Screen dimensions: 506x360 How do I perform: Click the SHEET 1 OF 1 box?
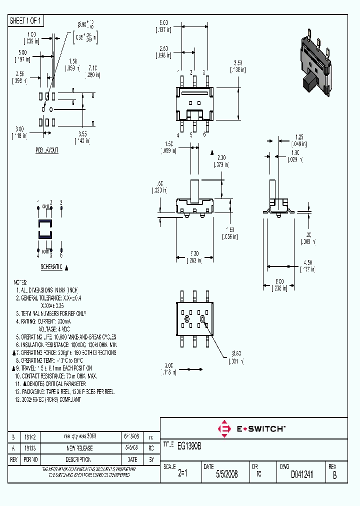tap(26, 20)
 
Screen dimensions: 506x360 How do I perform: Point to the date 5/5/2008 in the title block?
tap(226, 474)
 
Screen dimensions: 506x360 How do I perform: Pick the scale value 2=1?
tap(182, 474)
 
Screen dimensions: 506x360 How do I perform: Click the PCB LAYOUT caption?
tap(46, 150)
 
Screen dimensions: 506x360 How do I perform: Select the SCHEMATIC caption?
tap(51, 267)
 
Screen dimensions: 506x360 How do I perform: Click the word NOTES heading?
tap(20, 282)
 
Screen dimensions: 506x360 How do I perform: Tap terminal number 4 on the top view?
tap(178, 134)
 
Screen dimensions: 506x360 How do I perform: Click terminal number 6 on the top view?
tap(204, 134)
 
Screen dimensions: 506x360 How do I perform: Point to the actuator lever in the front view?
tap(194, 189)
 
